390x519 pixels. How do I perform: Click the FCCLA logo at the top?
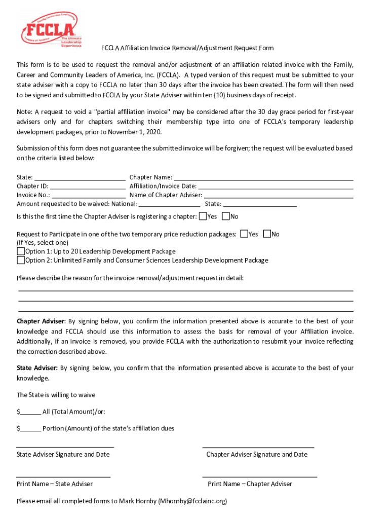click(x=49, y=30)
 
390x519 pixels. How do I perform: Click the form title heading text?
click(x=187, y=48)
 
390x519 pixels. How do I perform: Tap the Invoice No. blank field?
click(x=88, y=195)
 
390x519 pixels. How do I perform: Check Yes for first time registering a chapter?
click(x=203, y=216)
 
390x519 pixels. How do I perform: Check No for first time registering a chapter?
click(x=226, y=216)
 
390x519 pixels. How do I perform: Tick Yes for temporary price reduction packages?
click(x=244, y=234)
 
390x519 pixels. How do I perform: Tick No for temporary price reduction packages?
click(x=267, y=234)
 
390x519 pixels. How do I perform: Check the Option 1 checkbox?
click(x=21, y=251)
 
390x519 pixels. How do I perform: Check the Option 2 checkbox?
click(x=21, y=260)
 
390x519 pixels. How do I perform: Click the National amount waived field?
click(x=169, y=204)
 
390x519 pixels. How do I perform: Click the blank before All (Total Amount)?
click(x=31, y=412)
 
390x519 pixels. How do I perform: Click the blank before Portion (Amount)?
click(x=31, y=428)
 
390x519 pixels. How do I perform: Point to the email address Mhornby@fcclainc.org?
click(x=192, y=501)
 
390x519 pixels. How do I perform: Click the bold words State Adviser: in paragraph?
click(x=37, y=368)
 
